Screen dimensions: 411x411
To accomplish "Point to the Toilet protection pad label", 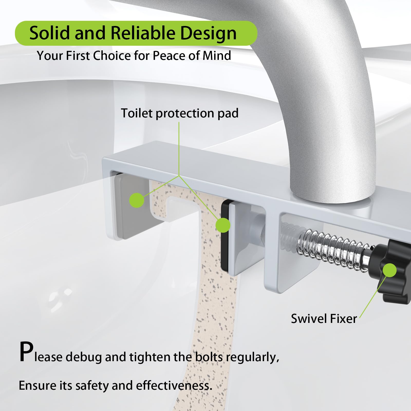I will coord(180,113).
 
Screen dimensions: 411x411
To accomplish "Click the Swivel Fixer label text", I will coord(324,319).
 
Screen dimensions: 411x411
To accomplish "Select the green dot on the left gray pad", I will coord(137,200).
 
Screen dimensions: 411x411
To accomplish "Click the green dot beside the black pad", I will coord(223,225).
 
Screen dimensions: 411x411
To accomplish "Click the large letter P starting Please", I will coord(26,352).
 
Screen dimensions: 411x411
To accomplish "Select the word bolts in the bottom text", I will coord(209,357).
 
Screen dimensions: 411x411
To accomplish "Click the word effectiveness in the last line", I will coord(174,386).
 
